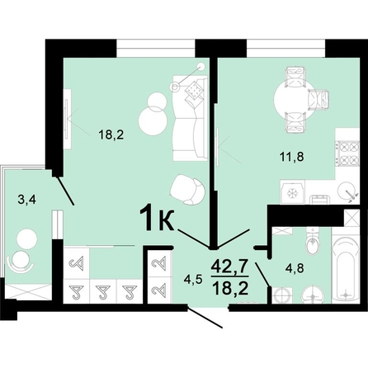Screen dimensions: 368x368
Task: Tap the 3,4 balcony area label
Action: coord(25,198)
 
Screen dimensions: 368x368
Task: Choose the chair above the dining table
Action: coord(293,76)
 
